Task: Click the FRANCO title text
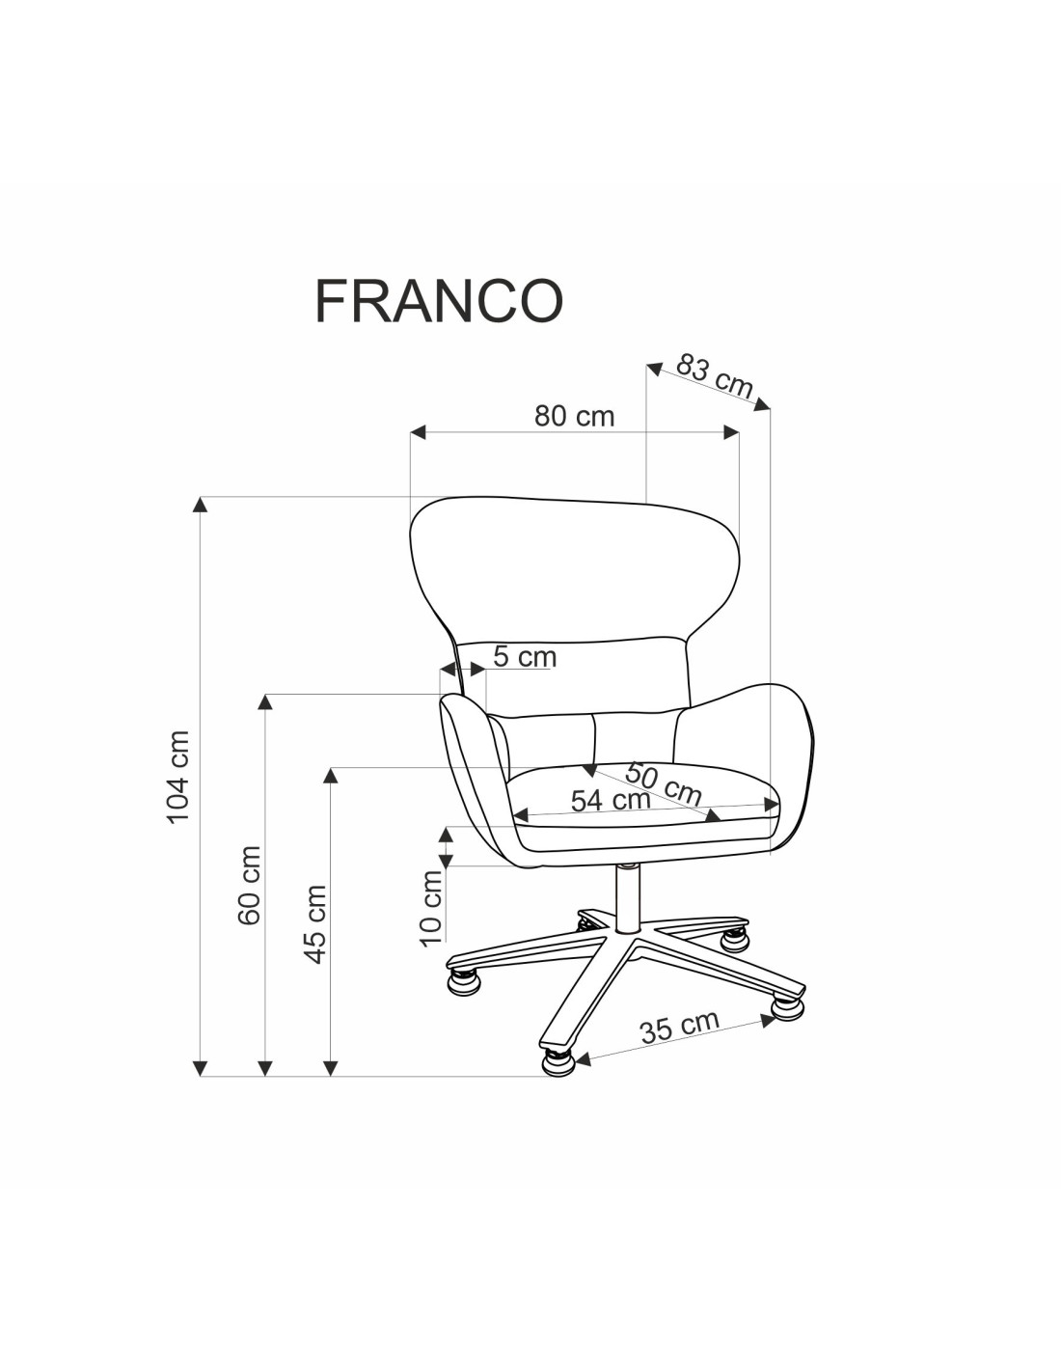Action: pyautogui.click(x=438, y=300)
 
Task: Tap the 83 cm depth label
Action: pyautogui.click(x=715, y=377)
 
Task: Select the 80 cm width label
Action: pyautogui.click(x=574, y=416)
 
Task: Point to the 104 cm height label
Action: pyautogui.click(x=178, y=777)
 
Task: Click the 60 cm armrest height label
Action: pyautogui.click(x=249, y=885)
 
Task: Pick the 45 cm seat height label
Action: pyautogui.click(x=315, y=923)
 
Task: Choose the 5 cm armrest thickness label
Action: pyautogui.click(x=525, y=657)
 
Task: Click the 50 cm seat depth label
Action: pyautogui.click(x=663, y=783)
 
